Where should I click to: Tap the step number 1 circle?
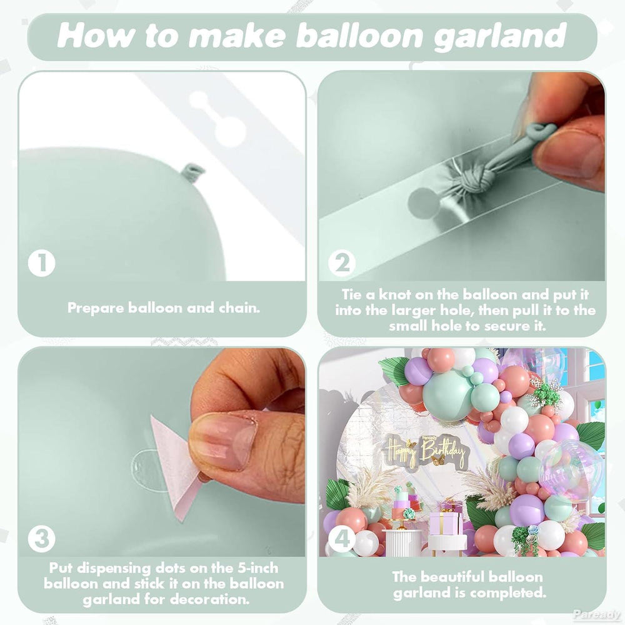[x=42, y=263]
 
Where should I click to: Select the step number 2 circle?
[x=342, y=263]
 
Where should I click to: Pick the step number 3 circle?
[x=42, y=539]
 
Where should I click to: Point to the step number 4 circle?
[x=342, y=539]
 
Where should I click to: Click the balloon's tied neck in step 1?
[x=192, y=173]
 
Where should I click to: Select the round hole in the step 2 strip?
[x=423, y=201]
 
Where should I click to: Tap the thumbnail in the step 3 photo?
[x=223, y=439]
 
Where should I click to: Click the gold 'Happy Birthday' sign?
[x=425, y=452]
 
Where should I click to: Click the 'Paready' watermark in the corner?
[x=596, y=614]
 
